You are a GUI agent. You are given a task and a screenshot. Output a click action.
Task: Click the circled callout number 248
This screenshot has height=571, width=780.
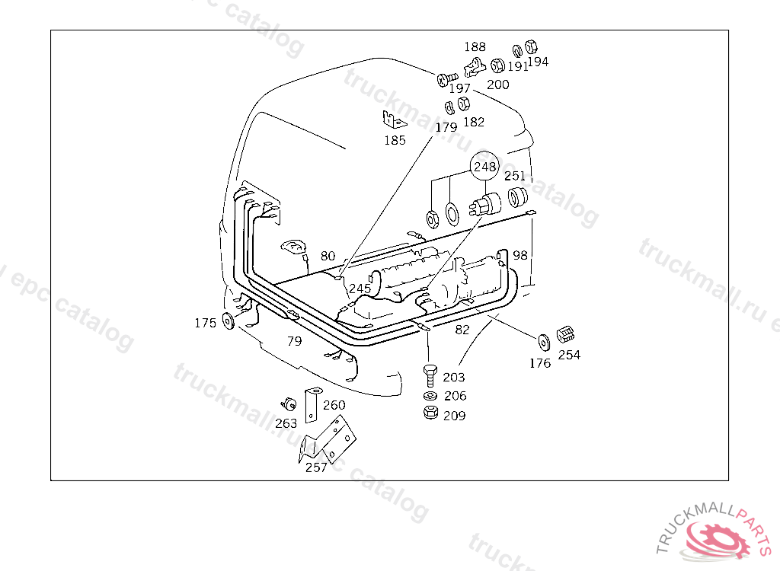point(484,167)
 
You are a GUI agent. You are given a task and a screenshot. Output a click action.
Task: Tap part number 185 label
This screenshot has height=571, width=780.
point(395,140)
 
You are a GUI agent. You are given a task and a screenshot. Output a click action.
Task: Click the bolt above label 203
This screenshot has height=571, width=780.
point(429,375)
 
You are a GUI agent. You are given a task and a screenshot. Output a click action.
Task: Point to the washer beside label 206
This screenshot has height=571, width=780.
point(429,396)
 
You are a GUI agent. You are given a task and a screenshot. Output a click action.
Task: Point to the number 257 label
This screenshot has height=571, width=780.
point(315,467)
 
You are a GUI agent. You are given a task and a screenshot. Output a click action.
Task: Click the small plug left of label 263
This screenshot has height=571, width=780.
point(289,403)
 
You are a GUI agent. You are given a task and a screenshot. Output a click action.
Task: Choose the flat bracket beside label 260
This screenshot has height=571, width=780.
point(311,405)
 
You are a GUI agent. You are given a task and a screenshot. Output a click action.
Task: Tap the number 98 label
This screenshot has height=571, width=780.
point(520,255)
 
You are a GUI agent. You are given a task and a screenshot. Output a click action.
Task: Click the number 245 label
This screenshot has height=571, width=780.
point(360,289)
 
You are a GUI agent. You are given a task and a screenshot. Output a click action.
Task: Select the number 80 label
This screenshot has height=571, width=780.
point(328,256)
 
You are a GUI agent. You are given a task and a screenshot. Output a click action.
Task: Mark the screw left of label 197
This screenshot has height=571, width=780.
point(446,78)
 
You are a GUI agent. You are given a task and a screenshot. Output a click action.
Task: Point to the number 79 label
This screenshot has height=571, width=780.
point(295,341)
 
